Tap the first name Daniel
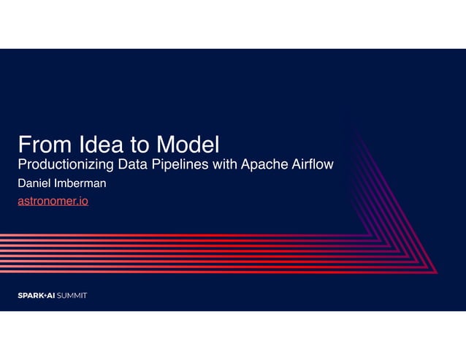click(34, 183)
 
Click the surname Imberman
click(82, 183)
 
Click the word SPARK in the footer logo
click(31, 296)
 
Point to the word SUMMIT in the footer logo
click(72, 296)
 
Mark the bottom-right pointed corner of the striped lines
click(436, 273)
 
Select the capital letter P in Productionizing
click(22, 164)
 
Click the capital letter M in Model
click(168, 144)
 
